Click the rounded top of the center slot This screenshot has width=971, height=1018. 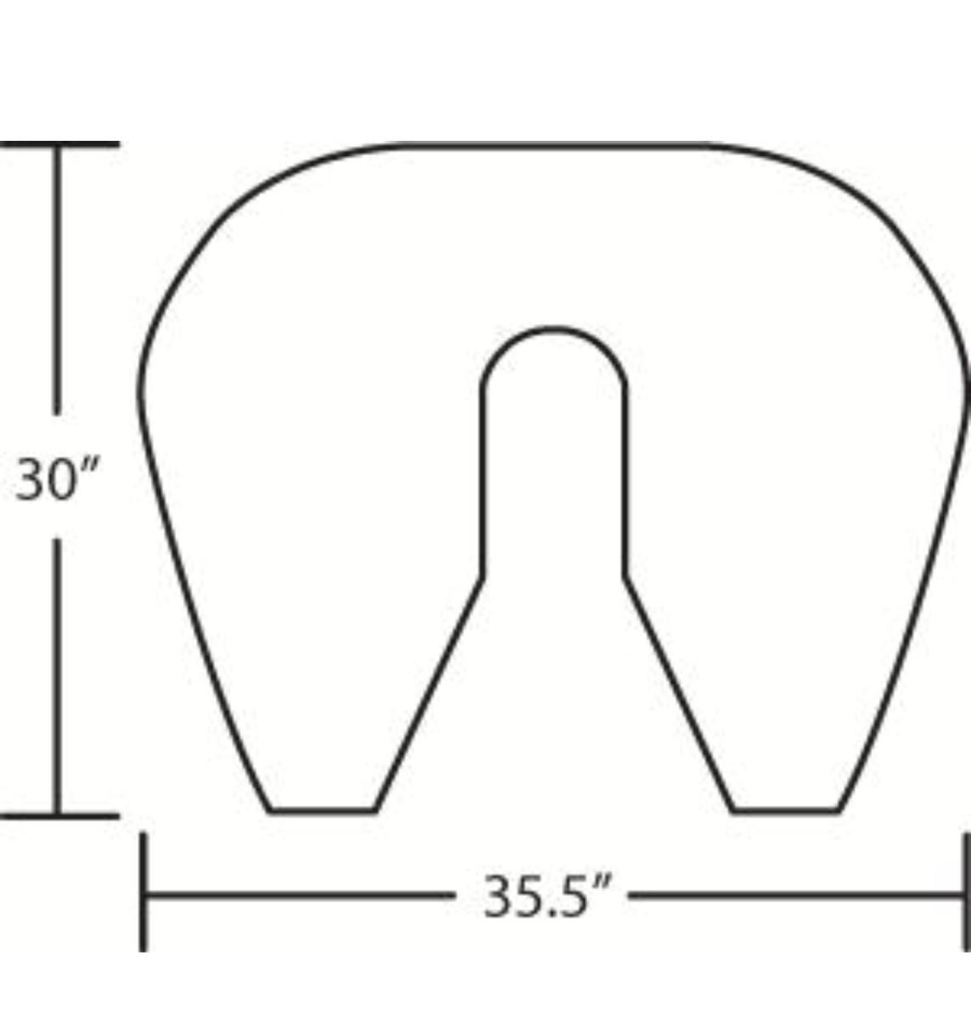[x=553, y=330]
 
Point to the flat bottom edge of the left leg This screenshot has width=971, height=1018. [x=323, y=811]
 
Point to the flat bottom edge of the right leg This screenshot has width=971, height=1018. [x=786, y=811]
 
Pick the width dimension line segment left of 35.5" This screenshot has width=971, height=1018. [x=297, y=894]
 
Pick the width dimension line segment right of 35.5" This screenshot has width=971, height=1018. [x=798, y=894]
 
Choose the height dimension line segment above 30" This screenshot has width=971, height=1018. [x=58, y=280]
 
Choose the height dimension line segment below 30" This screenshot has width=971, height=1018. [x=58, y=679]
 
